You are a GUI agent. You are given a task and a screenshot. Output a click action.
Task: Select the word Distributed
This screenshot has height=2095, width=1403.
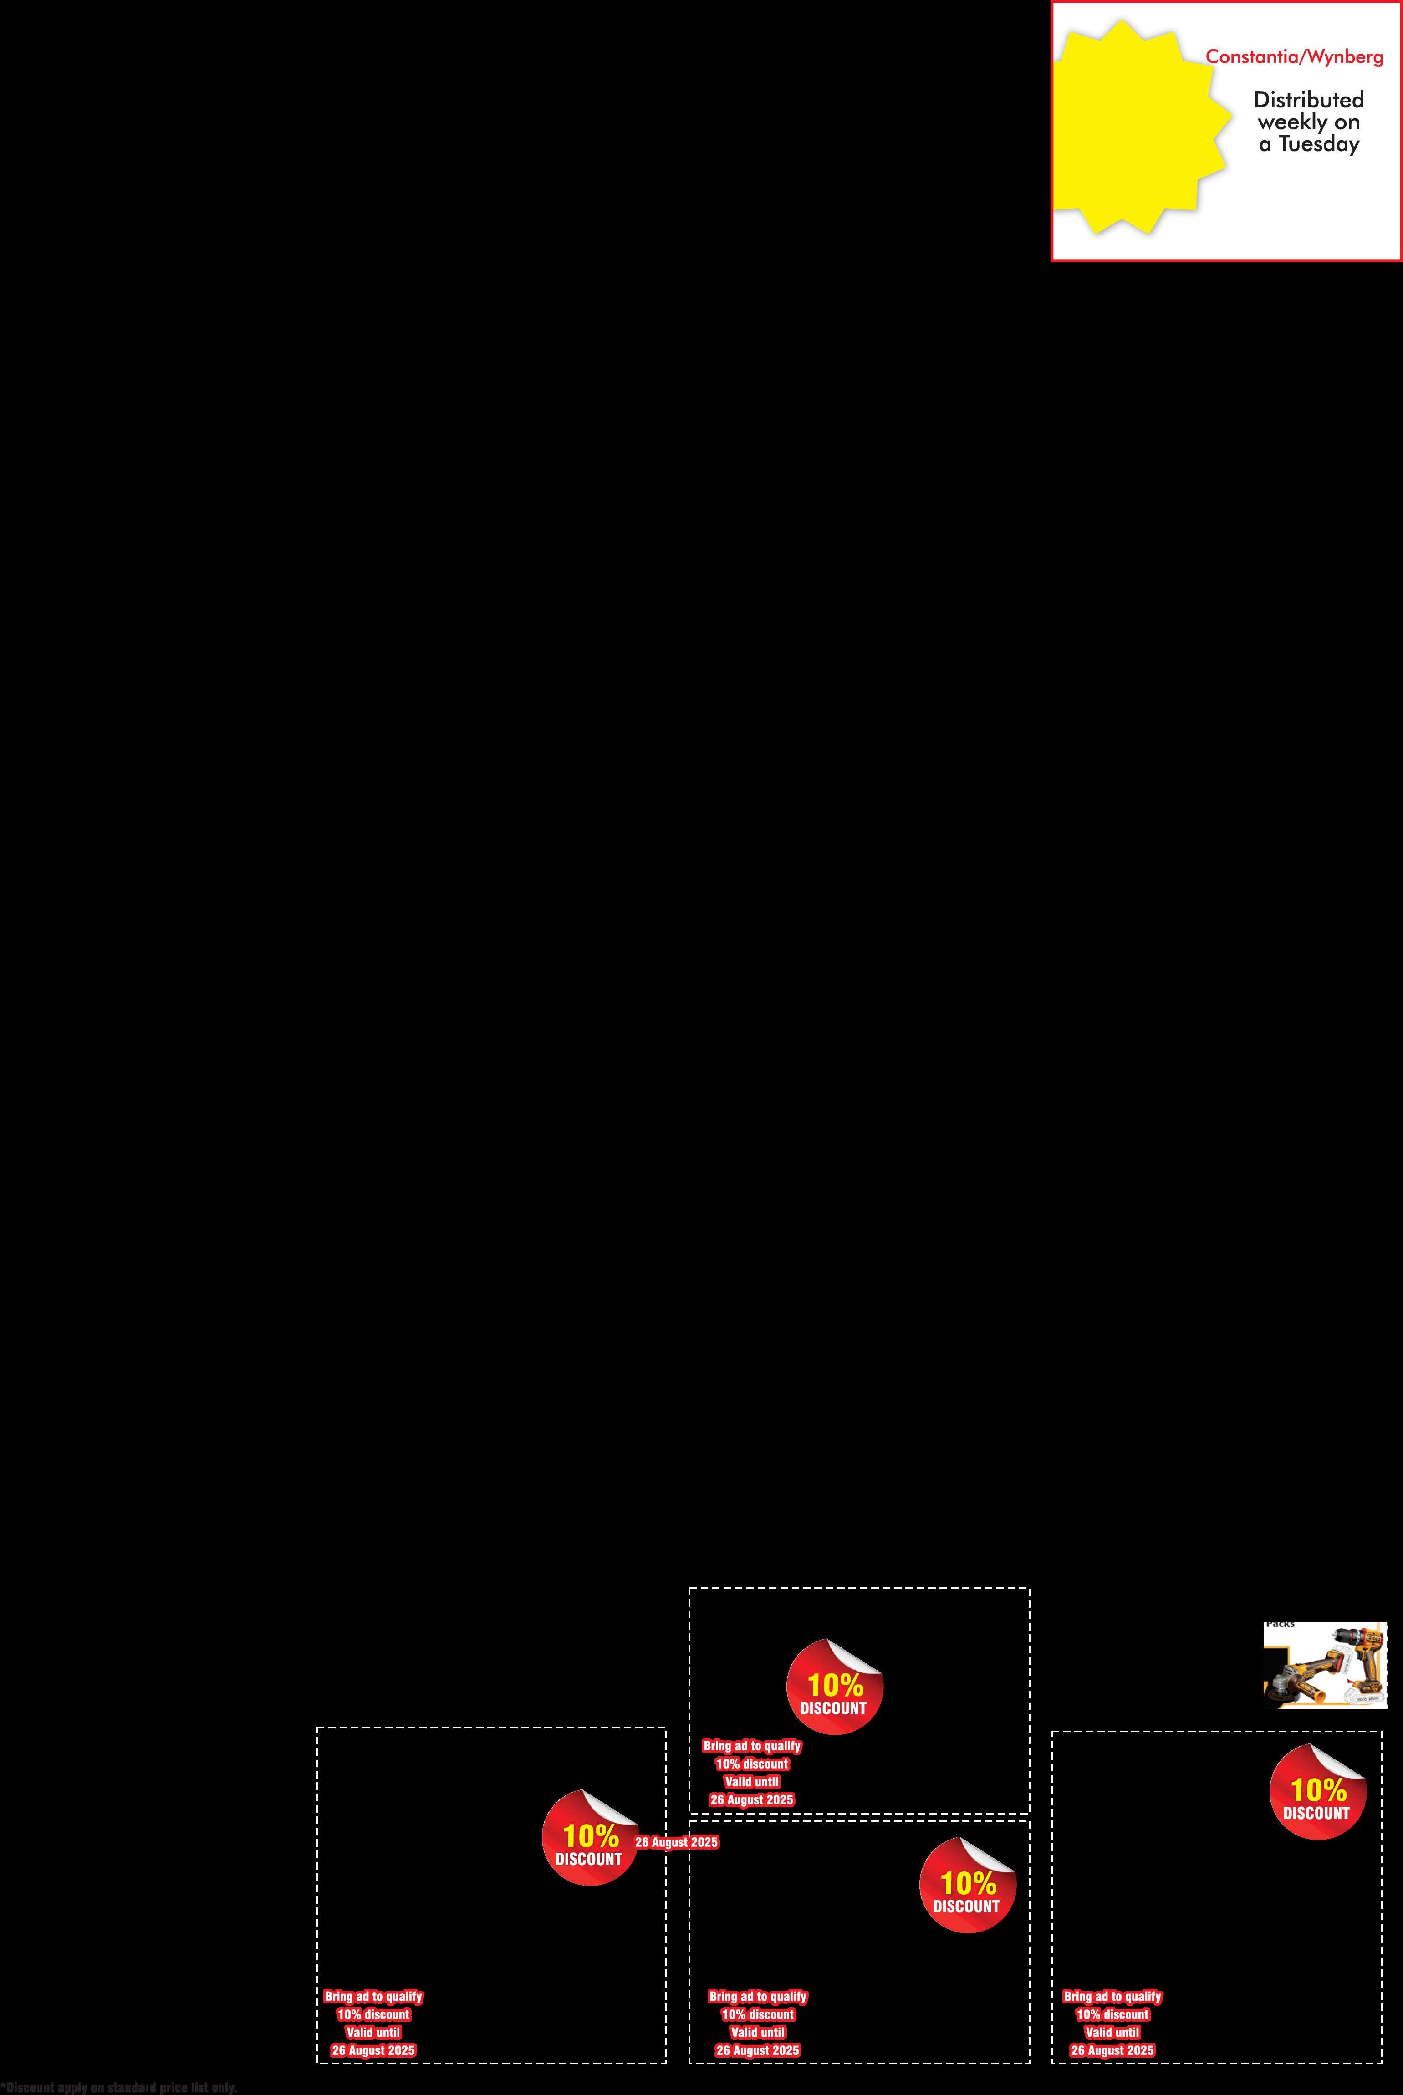(1308, 99)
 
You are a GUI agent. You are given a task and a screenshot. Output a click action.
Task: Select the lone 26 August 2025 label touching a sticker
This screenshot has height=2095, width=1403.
(676, 1842)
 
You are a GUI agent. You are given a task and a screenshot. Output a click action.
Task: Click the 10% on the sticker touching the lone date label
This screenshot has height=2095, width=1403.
(591, 1836)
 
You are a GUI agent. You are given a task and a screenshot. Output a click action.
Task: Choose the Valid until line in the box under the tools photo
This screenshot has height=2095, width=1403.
(1112, 2032)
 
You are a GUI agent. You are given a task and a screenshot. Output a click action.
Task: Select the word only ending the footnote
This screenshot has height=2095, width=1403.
(224, 2088)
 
